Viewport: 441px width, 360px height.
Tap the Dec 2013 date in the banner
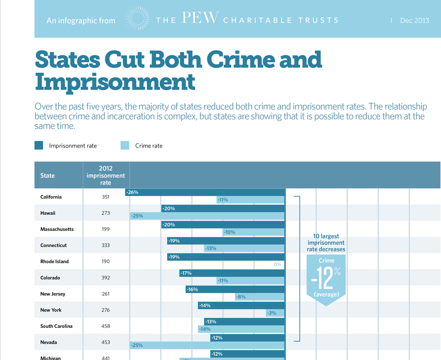(x=414, y=20)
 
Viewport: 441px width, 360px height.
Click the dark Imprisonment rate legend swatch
(x=39, y=145)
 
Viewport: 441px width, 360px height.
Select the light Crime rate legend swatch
(x=125, y=145)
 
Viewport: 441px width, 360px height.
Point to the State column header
(x=48, y=176)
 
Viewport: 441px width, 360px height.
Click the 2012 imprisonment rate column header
(x=106, y=175)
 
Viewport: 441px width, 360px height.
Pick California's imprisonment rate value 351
(x=106, y=197)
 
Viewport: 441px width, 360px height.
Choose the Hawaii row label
(x=48, y=213)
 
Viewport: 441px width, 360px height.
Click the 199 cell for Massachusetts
(x=106, y=229)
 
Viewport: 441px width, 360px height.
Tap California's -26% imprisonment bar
(x=205, y=192)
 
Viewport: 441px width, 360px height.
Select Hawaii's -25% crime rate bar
(x=207, y=216)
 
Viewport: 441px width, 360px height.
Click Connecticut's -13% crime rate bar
(x=244, y=248)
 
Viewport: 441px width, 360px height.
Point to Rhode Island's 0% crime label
(x=278, y=265)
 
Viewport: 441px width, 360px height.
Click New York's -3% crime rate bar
(x=275, y=313)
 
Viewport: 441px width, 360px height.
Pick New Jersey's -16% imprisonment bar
(x=235, y=289)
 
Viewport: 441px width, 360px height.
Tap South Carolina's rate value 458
(x=106, y=326)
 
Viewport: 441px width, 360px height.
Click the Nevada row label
(x=49, y=342)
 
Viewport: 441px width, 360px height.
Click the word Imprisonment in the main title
(x=115, y=82)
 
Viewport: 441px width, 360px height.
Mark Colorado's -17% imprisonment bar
(x=232, y=273)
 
